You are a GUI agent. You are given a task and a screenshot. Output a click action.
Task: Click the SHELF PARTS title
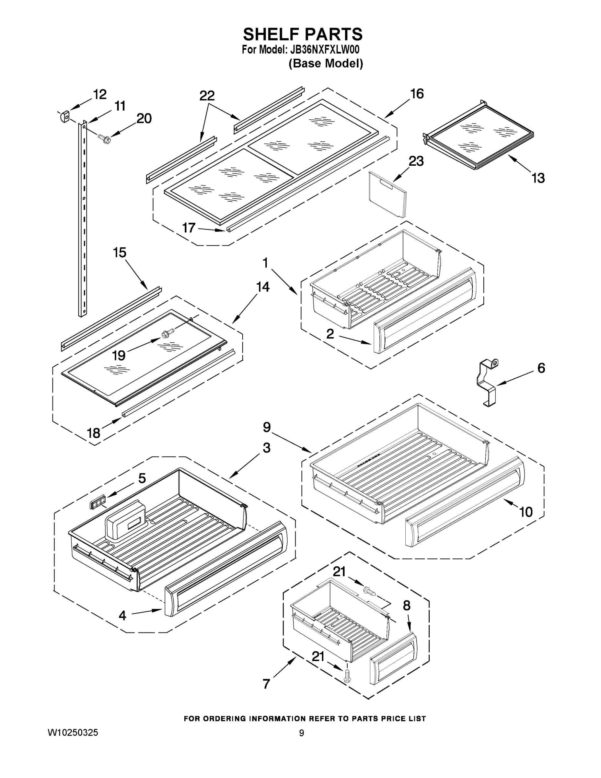click(x=303, y=35)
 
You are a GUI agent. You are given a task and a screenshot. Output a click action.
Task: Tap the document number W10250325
click(x=73, y=733)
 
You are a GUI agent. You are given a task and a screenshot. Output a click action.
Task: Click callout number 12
click(x=100, y=94)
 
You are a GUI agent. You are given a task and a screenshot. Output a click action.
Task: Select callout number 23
click(x=416, y=161)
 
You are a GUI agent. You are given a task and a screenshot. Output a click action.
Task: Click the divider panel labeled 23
click(x=387, y=194)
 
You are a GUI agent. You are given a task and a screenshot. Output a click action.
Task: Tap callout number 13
click(x=538, y=178)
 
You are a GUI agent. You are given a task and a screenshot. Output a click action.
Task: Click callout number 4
click(x=122, y=615)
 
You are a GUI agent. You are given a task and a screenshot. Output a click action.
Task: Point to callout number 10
click(x=526, y=512)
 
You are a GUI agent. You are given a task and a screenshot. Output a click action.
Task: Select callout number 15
click(x=120, y=253)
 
